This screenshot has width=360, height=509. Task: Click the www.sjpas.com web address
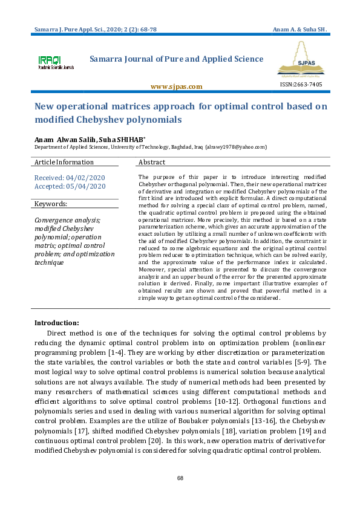click(x=176, y=86)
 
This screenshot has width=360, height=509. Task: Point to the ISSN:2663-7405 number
click(x=301, y=85)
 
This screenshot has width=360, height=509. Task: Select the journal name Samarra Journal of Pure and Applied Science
click(x=176, y=59)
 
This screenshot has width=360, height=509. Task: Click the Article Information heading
click(x=64, y=163)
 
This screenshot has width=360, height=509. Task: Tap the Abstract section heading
click(x=152, y=163)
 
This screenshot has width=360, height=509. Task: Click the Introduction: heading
click(x=56, y=323)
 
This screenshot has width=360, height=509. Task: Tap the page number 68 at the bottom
click(x=180, y=479)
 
